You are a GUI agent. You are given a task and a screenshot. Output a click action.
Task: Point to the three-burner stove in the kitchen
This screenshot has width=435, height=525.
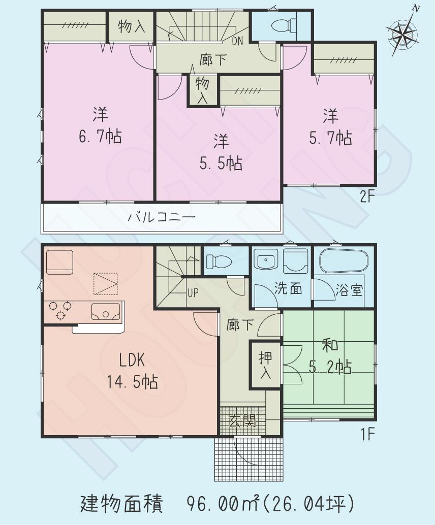[59, 310]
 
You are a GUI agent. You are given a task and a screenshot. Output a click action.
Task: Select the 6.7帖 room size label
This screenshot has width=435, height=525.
[100, 137]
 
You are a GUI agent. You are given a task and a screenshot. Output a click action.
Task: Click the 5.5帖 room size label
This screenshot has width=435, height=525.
[220, 163]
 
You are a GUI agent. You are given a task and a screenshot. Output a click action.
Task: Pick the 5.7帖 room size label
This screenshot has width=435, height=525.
[330, 138]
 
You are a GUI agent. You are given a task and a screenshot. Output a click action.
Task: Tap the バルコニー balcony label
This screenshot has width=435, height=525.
[161, 218]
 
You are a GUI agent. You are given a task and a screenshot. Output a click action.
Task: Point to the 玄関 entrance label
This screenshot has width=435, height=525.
[242, 420]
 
